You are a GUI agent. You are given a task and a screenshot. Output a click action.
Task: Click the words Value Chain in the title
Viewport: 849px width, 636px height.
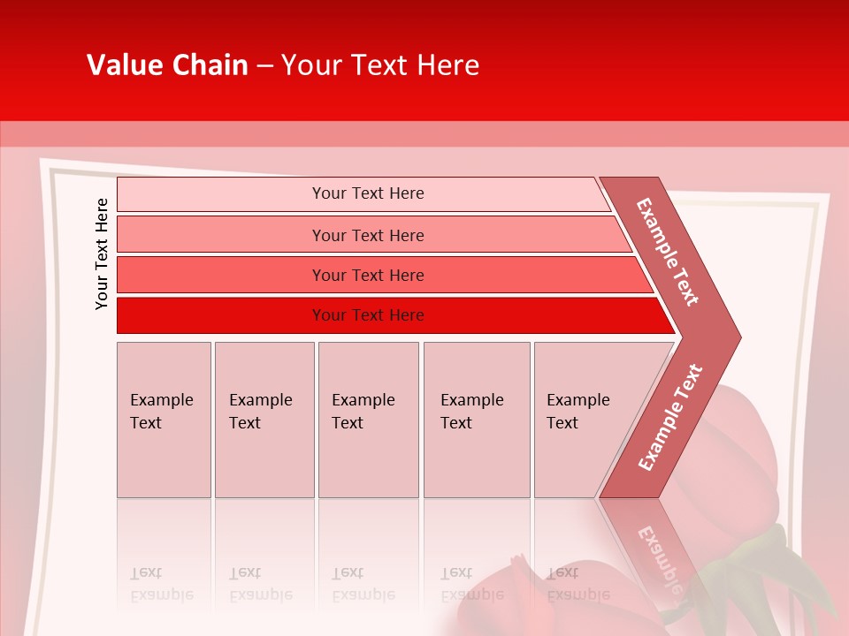(x=167, y=65)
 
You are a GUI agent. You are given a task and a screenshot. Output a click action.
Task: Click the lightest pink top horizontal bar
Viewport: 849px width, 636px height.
(x=221, y=194)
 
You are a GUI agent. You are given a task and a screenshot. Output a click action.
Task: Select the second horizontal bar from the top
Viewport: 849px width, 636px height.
(x=221, y=235)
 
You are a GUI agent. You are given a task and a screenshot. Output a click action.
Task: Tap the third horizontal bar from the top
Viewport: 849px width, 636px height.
(x=221, y=275)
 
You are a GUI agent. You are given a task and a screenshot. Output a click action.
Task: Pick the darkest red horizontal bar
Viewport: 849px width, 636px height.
(x=221, y=315)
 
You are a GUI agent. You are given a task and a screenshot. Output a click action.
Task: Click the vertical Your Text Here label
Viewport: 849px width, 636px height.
(x=102, y=254)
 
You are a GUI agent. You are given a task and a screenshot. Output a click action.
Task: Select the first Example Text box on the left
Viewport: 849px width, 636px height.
(x=164, y=420)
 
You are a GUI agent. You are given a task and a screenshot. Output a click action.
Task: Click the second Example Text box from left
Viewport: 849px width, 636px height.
(x=264, y=420)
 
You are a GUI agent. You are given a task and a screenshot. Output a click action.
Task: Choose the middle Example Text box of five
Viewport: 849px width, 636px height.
(x=368, y=420)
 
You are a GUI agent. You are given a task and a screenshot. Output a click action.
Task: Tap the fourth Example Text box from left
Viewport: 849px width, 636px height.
(x=476, y=420)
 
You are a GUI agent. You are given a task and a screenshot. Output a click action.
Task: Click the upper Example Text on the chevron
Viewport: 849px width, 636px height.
(x=668, y=252)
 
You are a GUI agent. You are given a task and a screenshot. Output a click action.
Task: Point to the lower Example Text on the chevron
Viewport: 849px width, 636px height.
(x=670, y=417)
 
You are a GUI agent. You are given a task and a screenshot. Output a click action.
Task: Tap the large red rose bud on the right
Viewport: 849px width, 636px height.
(x=734, y=459)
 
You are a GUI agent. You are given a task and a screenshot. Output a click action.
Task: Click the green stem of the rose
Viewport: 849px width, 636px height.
(x=778, y=565)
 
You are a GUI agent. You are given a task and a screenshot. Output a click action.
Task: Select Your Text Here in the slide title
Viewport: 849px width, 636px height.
(x=380, y=65)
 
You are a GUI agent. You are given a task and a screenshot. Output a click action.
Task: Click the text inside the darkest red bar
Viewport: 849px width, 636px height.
(x=368, y=315)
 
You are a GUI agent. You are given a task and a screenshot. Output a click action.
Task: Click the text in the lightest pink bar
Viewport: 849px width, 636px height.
(x=368, y=193)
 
